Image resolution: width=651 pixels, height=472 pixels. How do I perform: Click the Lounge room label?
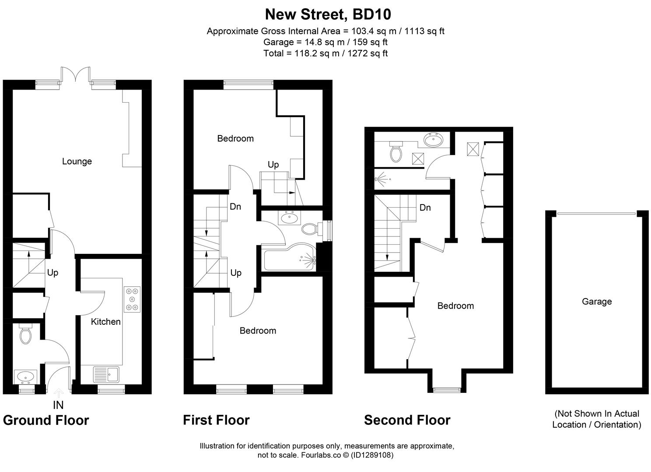(77, 161)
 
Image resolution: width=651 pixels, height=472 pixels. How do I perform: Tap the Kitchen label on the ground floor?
(105, 322)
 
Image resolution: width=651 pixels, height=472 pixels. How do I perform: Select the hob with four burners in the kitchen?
(132, 299)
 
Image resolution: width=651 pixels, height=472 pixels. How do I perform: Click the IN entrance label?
(58, 405)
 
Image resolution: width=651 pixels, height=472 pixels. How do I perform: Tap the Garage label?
(596, 302)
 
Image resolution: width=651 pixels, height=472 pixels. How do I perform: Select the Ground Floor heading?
(46, 420)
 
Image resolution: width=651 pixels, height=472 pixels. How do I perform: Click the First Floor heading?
(216, 420)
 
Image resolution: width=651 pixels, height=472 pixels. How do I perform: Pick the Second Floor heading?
(407, 420)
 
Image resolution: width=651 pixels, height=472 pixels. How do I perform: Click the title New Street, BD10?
(328, 14)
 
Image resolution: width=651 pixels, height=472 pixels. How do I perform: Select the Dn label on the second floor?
(425, 208)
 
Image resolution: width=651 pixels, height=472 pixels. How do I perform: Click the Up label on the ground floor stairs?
(52, 273)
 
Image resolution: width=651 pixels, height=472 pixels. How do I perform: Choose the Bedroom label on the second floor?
(455, 306)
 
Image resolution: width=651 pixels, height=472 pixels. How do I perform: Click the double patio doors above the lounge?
(76, 74)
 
